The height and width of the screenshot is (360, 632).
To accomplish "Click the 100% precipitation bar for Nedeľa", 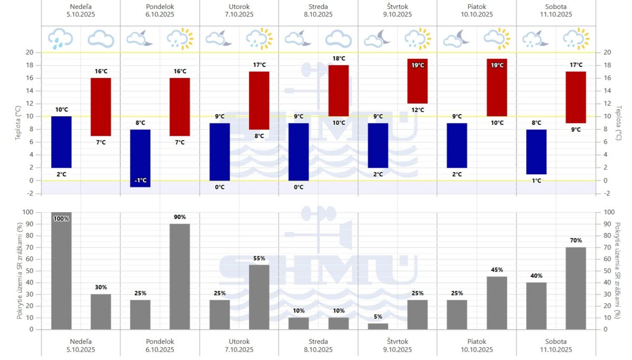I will pyautogui.click(x=61, y=271).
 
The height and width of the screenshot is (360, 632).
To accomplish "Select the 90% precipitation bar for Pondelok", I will pyautogui.click(x=180, y=276).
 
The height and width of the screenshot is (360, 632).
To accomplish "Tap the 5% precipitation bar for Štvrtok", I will pyautogui.click(x=378, y=326).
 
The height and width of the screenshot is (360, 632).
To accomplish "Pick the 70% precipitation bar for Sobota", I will pyautogui.click(x=576, y=288).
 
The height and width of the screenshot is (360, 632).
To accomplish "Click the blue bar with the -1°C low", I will pyautogui.click(x=141, y=158).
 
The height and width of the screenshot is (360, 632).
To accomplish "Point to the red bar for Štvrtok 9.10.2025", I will pyautogui.click(x=417, y=81).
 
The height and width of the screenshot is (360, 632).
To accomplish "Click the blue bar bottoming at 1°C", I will pyautogui.click(x=536, y=152).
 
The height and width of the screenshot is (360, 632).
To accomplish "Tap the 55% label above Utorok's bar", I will pyautogui.click(x=259, y=258).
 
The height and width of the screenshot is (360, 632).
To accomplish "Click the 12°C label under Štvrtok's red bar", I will pyautogui.click(x=417, y=110).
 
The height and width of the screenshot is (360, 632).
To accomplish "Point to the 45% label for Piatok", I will pyautogui.click(x=497, y=271).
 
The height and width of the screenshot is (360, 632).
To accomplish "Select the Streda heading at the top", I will pyautogui.click(x=318, y=6).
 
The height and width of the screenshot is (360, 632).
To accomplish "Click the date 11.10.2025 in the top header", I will pyautogui.click(x=556, y=15).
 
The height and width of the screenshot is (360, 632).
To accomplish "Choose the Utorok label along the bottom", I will pyautogui.click(x=239, y=342).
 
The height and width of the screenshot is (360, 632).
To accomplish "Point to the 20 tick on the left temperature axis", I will pyautogui.click(x=29, y=53).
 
